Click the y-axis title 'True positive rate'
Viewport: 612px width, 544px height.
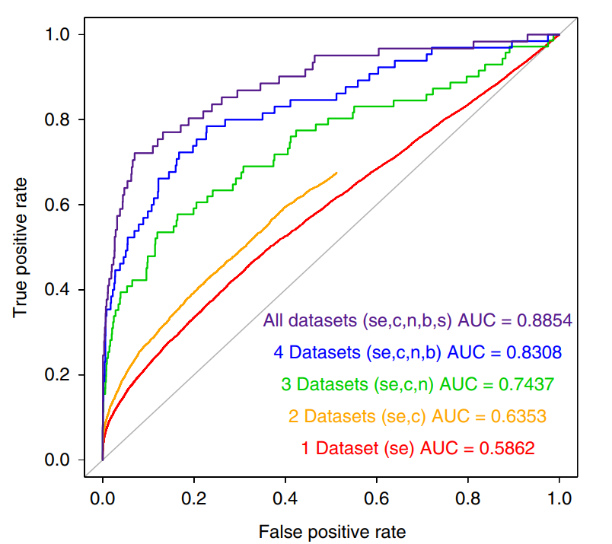(21, 247)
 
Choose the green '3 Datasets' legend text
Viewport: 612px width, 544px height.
(357, 384)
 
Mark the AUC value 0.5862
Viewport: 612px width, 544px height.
(506, 448)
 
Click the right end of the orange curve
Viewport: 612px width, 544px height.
(336, 173)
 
